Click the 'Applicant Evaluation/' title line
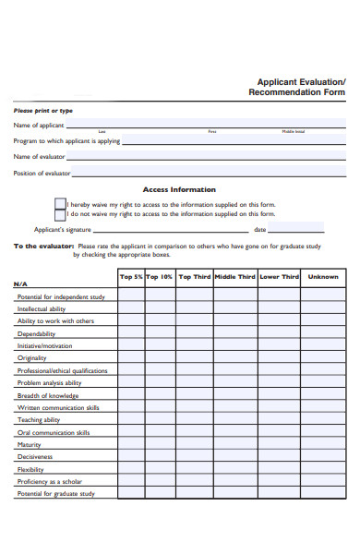coord(300,81)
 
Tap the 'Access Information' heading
coord(180,189)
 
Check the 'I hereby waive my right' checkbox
coord(60,204)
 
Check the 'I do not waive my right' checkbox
coord(60,214)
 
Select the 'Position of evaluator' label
coord(42,173)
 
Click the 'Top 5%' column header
coord(131,276)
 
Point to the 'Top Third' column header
coord(194,276)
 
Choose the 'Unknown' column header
coord(322,276)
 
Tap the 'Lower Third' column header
coord(279,276)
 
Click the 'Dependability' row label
coord(37,333)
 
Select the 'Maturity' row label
coord(30,444)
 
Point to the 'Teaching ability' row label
coord(39,419)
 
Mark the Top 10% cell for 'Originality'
coord(160,358)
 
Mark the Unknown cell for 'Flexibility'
coord(322,469)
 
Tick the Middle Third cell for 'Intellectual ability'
coord(235,309)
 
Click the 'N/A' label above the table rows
coord(20,283)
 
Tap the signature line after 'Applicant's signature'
coord(171,230)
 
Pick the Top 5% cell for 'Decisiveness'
coord(131,457)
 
